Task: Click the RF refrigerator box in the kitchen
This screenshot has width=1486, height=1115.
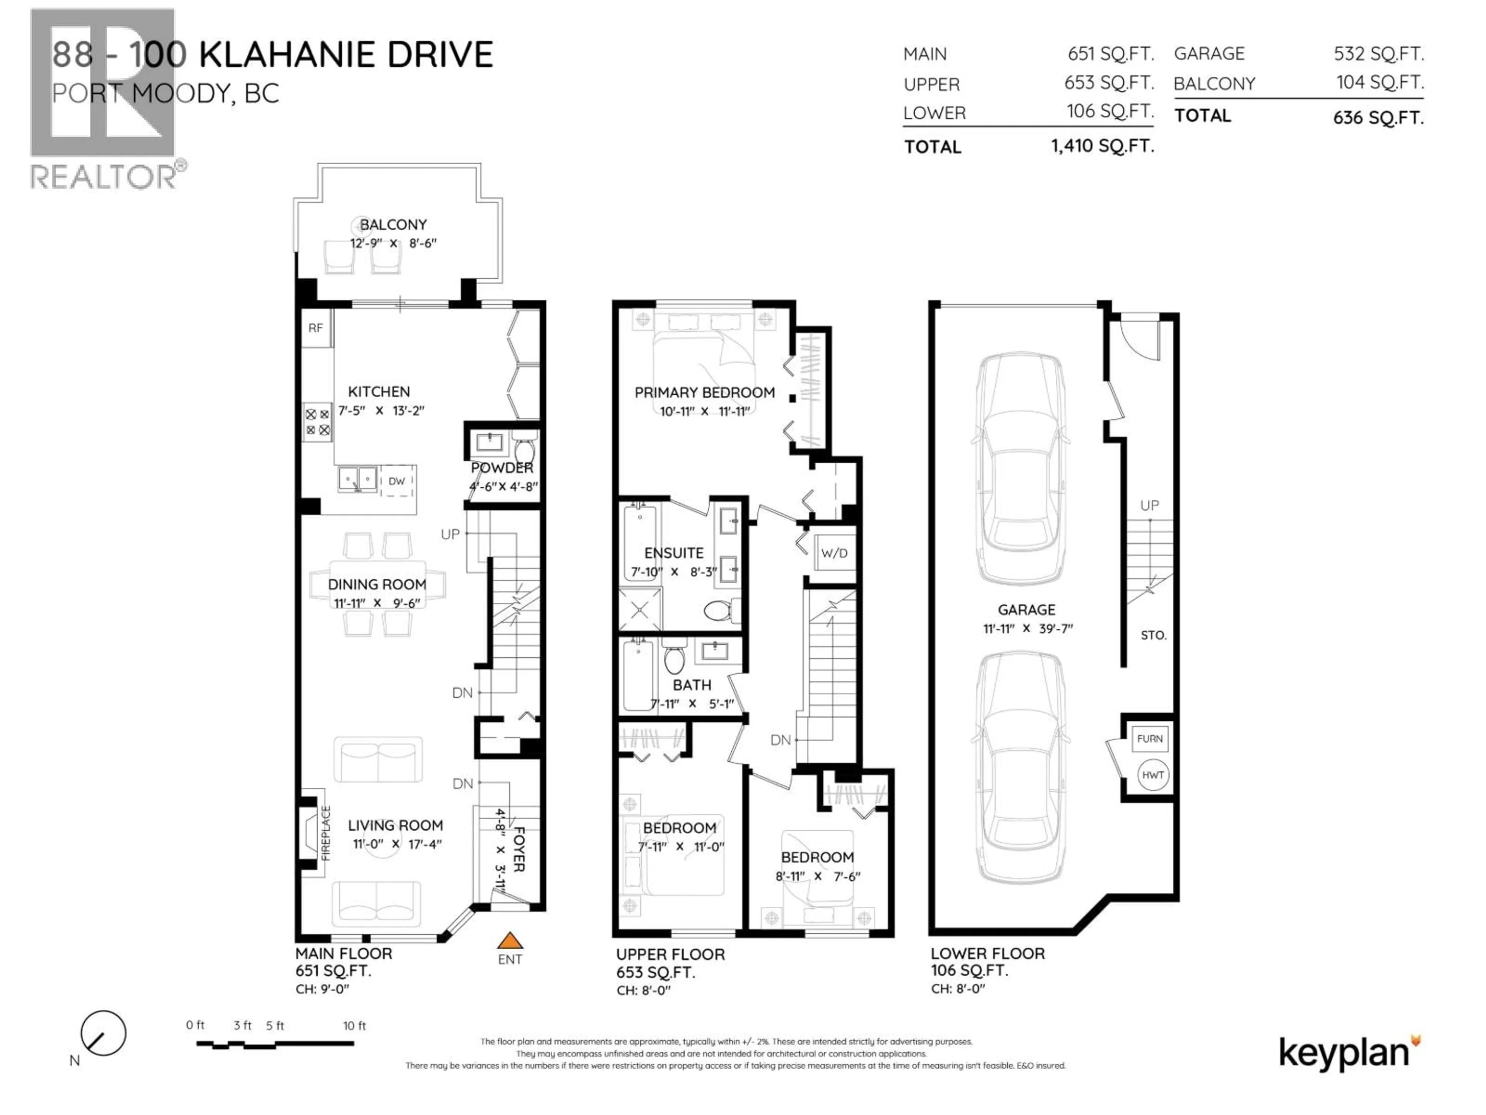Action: point(316,328)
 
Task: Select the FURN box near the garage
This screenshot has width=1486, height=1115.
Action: point(1149,739)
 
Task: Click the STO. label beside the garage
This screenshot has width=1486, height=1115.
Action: point(1153,635)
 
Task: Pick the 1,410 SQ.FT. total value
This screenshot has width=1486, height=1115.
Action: point(1103,146)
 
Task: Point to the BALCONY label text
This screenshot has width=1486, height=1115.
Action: point(393,225)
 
